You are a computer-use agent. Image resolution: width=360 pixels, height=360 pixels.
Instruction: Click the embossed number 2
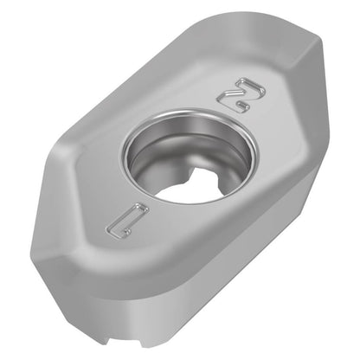click(241, 95)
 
